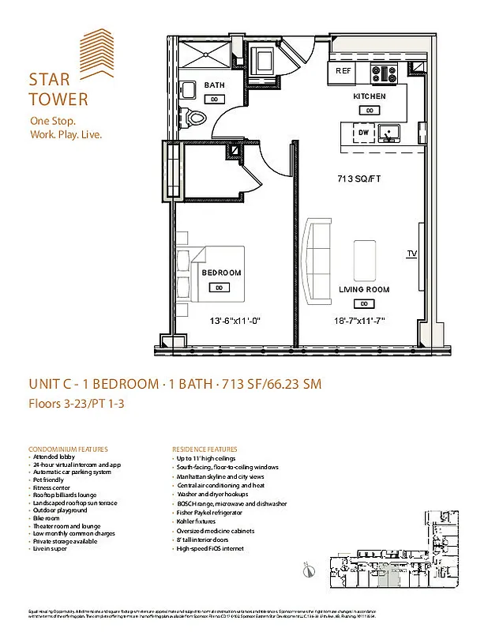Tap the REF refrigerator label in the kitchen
(343, 71)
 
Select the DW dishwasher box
(363, 134)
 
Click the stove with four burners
(388, 73)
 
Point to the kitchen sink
(387, 134)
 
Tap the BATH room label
(214, 85)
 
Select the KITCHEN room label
(369, 96)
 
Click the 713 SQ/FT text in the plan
(359, 179)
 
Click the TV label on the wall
(411, 254)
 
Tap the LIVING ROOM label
(364, 290)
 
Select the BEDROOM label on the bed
(221, 273)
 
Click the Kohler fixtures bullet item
(197, 522)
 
